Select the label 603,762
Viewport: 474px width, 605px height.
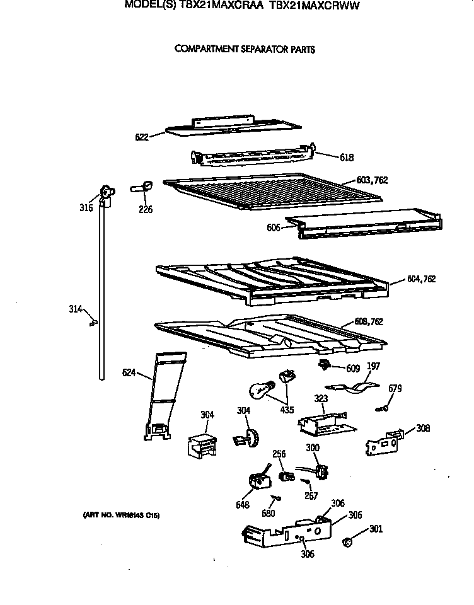click(373, 180)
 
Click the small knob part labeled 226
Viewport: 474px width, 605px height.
click(142, 186)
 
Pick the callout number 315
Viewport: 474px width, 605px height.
click(86, 208)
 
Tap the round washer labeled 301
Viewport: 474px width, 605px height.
click(347, 541)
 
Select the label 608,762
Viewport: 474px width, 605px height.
click(369, 322)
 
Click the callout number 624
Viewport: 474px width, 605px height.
click(130, 374)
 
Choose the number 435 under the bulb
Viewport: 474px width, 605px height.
click(287, 410)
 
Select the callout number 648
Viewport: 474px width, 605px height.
click(243, 505)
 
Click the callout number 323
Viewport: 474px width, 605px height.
click(321, 399)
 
